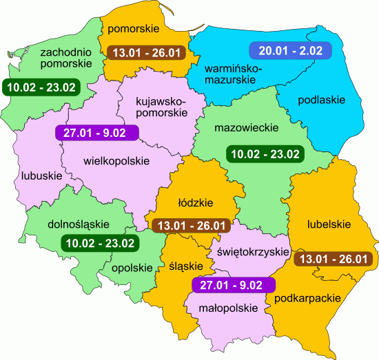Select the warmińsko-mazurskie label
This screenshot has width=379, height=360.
point(234,75)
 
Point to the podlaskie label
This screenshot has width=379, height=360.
point(321,100)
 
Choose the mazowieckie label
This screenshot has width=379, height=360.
point(245,128)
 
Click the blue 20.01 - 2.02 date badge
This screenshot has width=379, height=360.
point(289,50)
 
